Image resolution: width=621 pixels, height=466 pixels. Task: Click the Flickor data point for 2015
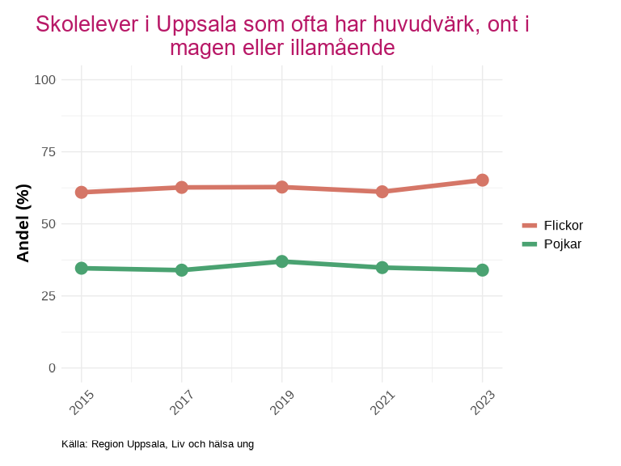(82, 193)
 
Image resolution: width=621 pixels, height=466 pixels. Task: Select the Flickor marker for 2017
(182, 188)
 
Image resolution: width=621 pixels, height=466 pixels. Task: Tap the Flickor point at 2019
(281, 187)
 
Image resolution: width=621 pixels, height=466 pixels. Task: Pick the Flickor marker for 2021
(382, 192)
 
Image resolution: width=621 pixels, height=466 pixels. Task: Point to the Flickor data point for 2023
(482, 180)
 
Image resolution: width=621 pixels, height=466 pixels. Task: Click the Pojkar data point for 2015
(82, 268)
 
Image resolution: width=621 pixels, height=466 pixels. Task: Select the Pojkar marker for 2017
(182, 270)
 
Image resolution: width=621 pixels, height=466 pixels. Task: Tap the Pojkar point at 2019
(281, 261)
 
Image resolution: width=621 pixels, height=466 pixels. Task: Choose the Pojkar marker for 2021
(382, 268)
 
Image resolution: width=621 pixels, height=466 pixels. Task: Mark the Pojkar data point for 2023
(482, 270)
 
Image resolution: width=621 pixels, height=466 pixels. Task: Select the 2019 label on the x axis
(281, 402)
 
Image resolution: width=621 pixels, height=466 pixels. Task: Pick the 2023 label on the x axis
(482, 402)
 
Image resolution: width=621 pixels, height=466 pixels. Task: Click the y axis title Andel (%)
(23, 222)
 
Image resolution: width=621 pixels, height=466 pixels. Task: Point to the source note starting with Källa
(158, 444)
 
